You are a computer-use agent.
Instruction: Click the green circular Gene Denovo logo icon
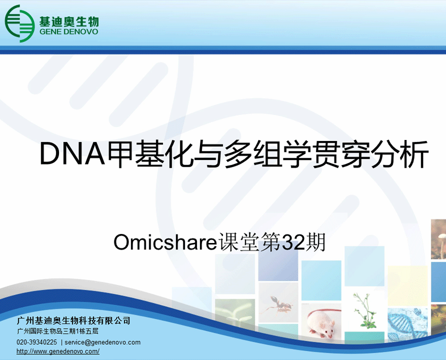click(x=19, y=23)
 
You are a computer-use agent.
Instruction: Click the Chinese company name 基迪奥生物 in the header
click(x=69, y=21)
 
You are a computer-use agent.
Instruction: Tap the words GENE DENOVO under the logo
click(x=69, y=32)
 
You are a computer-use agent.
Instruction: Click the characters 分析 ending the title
click(x=399, y=154)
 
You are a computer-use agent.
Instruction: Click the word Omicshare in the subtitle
click(x=165, y=242)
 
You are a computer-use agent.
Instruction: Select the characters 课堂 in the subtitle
click(x=239, y=242)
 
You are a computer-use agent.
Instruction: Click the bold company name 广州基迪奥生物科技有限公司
click(x=73, y=321)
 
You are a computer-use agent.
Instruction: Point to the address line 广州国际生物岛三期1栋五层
click(x=58, y=331)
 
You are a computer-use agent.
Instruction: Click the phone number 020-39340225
click(x=37, y=342)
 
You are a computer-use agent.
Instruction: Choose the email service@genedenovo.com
click(x=103, y=342)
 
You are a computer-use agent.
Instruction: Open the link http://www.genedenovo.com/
click(x=58, y=351)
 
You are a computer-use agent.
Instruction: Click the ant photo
click(x=278, y=303)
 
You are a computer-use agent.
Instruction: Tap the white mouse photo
click(x=321, y=321)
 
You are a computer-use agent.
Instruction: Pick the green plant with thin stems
click(x=364, y=311)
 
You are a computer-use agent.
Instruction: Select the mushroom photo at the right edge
click(x=439, y=239)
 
